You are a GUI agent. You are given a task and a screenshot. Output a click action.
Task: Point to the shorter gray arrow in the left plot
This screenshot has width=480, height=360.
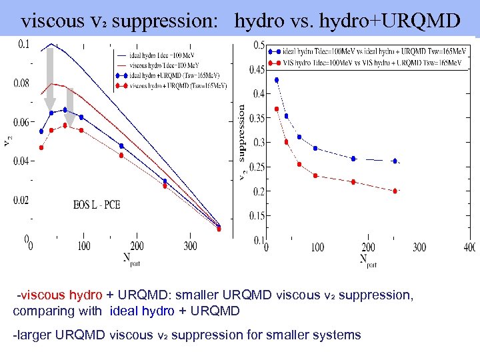[x=69, y=104]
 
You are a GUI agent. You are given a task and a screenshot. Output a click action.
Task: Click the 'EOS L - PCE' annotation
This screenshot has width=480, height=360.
[x=97, y=205]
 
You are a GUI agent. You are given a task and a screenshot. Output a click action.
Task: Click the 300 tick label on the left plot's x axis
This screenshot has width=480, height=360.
[x=190, y=246]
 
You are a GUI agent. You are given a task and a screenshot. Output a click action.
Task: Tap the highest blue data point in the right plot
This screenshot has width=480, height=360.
[x=277, y=80]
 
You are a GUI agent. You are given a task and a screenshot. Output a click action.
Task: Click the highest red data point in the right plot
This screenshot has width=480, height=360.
[x=277, y=109]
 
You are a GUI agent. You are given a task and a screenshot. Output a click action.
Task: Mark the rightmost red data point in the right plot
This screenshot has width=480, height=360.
[x=395, y=191]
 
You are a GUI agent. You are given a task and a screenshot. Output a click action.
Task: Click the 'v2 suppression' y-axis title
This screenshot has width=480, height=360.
[x=241, y=142]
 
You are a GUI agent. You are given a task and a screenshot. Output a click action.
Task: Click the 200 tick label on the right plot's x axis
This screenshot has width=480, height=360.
[x=369, y=247]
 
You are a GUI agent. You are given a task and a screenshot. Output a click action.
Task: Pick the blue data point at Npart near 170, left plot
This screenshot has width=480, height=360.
[x=121, y=145]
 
